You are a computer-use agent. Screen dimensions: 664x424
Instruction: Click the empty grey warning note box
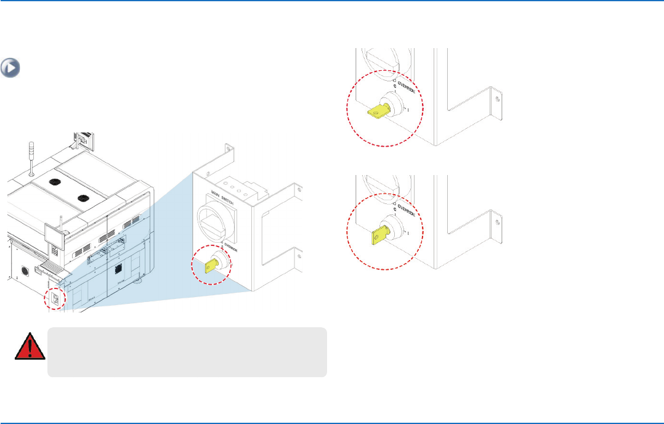click(x=187, y=352)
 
